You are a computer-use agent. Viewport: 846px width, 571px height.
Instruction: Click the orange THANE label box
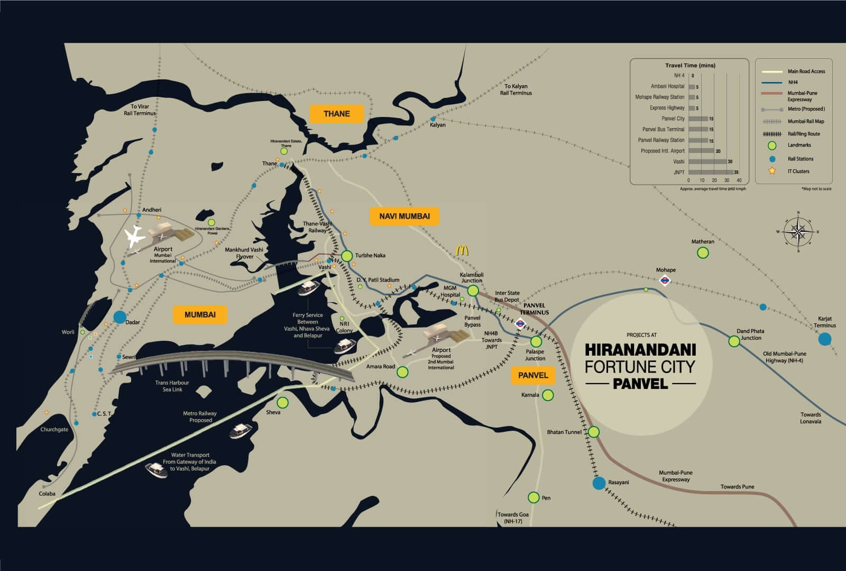click(337, 114)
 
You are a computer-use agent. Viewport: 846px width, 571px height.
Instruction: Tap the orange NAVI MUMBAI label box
click(404, 216)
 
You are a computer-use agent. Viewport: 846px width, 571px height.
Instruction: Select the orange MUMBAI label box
click(200, 315)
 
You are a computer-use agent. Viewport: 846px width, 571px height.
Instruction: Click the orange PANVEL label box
click(533, 375)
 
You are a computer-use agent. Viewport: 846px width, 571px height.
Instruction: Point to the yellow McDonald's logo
click(463, 250)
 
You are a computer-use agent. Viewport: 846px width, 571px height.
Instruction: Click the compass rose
click(798, 232)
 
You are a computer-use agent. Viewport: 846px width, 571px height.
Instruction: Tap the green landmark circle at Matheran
click(703, 253)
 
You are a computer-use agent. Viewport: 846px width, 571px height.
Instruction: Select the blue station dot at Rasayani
click(599, 483)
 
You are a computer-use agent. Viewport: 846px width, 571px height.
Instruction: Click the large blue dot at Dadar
click(120, 317)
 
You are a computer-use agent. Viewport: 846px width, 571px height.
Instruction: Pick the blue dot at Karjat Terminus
click(824, 339)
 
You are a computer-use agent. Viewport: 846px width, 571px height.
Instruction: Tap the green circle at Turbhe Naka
click(347, 256)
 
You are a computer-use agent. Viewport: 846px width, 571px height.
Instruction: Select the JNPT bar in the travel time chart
click(710, 173)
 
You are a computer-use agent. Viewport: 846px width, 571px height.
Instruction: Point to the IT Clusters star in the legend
click(772, 171)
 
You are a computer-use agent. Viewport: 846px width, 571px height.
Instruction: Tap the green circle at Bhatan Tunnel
click(594, 432)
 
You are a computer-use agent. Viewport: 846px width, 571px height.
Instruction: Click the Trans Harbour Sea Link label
click(172, 386)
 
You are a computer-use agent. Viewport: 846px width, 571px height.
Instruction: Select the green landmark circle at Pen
click(533, 497)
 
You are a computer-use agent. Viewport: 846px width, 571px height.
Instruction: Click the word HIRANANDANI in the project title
click(640, 350)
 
